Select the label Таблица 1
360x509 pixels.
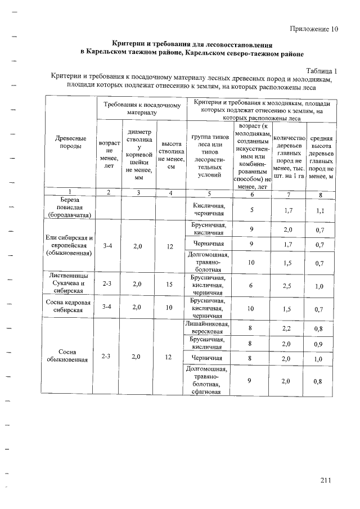coord(321,71)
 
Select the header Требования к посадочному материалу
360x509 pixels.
coord(142,109)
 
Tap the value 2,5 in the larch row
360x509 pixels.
coord(287,286)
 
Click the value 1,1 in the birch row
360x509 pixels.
coord(320,211)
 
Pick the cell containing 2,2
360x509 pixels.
coord(287,328)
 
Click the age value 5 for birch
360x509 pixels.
coord(252,210)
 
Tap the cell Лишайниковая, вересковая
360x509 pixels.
coord(208,328)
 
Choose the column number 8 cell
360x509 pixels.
coord(320,195)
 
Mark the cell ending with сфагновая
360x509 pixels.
coord(208,380)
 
